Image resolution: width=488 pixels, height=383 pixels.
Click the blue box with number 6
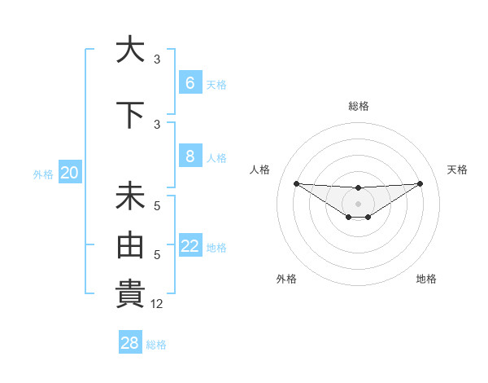coord(190,82)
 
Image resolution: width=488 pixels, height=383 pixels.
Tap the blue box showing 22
coord(190,245)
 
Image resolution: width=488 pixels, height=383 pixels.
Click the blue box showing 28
coord(129,343)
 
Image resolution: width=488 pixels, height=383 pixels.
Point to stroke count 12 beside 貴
coord(157,304)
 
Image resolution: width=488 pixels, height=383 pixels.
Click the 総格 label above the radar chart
coord(358,106)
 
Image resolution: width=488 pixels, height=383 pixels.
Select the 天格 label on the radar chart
coord(457,169)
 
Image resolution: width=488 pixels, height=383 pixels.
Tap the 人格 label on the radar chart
coord(260,169)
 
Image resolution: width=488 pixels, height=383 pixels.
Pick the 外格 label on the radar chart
coord(286,279)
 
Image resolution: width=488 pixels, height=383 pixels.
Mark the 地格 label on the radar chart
coord(426,279)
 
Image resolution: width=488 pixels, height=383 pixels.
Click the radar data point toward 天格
coord(420,183)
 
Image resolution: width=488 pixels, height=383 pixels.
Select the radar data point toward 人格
coord(296,183)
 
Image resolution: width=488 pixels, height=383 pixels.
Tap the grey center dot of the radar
coord(358,203)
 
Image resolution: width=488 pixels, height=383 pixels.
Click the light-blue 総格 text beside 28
coord(156,345)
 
